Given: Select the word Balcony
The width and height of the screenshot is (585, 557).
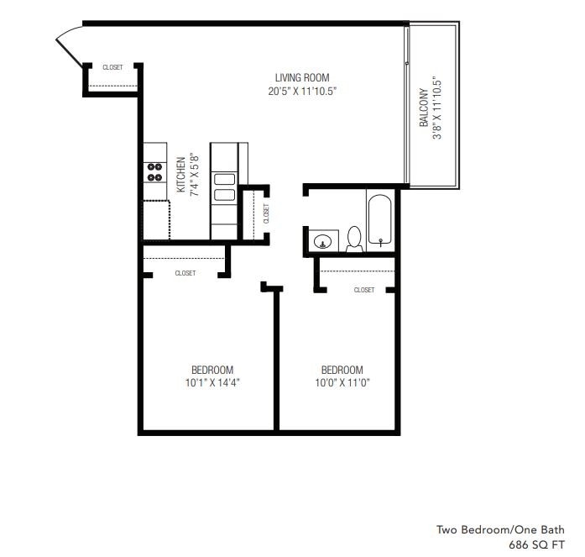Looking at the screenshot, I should (425, 108).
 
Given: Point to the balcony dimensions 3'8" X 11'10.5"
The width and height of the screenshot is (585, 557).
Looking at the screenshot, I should (437, 108).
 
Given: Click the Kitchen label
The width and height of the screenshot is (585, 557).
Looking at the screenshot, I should (180, 174).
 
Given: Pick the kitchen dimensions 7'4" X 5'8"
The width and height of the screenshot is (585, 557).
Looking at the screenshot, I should (193, 174).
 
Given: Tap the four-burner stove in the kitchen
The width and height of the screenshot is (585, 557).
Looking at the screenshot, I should (155, 171).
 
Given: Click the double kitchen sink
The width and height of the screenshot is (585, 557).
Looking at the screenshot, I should (224, 187).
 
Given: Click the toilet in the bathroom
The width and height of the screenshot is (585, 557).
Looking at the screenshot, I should (354, 239).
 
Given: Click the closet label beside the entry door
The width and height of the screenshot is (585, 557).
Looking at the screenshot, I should (112, 67).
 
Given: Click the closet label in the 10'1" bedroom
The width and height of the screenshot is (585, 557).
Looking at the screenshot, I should (185, 273).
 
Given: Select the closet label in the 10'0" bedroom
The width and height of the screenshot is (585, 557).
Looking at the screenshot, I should (364, 290).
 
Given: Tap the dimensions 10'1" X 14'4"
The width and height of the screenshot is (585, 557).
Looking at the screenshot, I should (212, 383).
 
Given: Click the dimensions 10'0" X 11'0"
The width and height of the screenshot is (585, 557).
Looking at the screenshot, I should (342, 383).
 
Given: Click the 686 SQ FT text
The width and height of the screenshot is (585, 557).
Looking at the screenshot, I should (537, 544).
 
